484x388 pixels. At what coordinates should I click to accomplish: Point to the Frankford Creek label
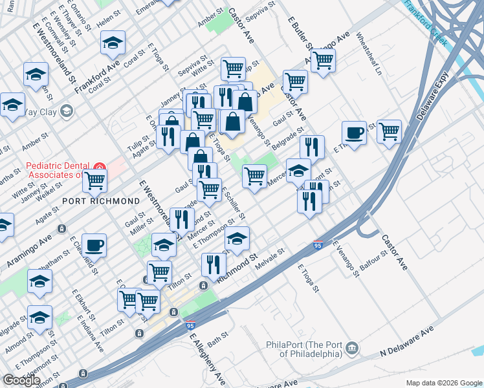pos(424,21)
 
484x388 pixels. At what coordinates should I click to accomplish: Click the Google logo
pos(21,380)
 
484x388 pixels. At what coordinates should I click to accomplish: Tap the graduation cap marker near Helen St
pos(113,43)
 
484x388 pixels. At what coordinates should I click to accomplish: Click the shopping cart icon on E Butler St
pos(322,61)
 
